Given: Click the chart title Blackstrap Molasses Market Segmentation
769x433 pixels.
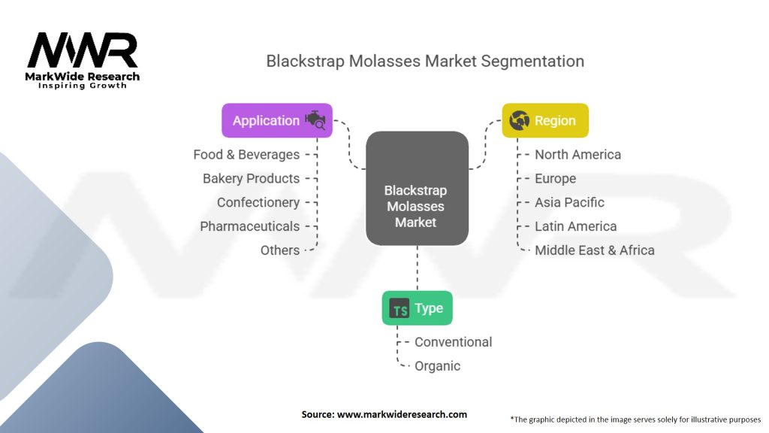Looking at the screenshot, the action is click(x=425, y=62).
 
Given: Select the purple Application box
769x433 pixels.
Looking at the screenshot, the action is click(x=277, y=120).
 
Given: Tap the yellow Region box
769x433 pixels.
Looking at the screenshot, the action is click(x=545, y=120).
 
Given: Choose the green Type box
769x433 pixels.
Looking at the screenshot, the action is click(x=418, y=308).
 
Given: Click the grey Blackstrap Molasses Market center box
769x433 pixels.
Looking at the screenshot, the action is click(x=417, y=188).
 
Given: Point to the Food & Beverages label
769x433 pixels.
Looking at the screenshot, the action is click(x=246, y=155).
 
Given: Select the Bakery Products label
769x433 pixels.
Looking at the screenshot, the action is click(x=251, y=179).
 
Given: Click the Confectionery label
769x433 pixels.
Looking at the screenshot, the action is click(x=258, y=203).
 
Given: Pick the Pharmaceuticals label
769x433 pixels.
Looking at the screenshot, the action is click(x=249, y=226).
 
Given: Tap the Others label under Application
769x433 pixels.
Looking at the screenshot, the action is click(x=280, y=250).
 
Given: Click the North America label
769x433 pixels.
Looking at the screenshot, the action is click(x=578, y=155).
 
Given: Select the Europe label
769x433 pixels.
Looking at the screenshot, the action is click(x=555, y=179).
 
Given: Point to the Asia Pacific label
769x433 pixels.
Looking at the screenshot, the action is click(x=569, y=202).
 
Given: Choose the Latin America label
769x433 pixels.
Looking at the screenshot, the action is click(x=576, y=226).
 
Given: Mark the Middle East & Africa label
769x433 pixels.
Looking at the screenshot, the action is click(x=595, y=250).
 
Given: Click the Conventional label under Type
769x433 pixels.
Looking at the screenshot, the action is click(x=453, y=342).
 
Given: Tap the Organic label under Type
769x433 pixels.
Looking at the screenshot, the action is click(x=438, y=366).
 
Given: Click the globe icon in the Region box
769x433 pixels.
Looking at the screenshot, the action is click(x=520, y=120).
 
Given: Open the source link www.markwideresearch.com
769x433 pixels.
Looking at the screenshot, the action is click(x=402, y=414).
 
